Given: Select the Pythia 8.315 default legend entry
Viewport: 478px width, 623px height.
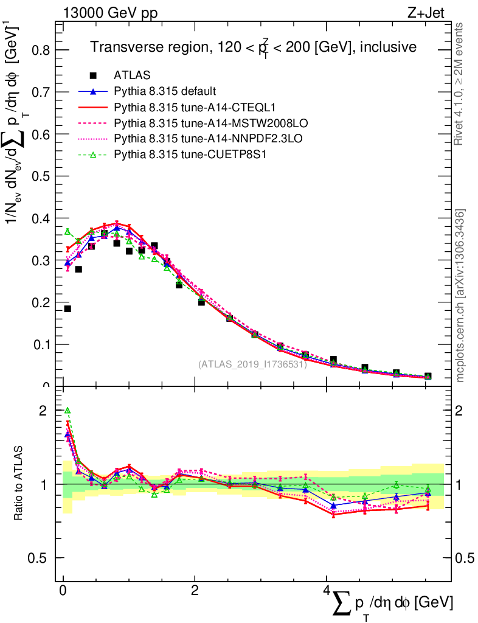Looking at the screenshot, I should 165,92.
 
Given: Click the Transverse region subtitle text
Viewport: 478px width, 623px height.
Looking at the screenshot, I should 253,47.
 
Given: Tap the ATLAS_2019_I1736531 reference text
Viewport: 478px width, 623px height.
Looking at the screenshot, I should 252,364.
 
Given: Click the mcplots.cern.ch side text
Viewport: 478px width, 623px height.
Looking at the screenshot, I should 460,296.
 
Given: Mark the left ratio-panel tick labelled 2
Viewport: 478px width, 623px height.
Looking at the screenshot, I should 43,411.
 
